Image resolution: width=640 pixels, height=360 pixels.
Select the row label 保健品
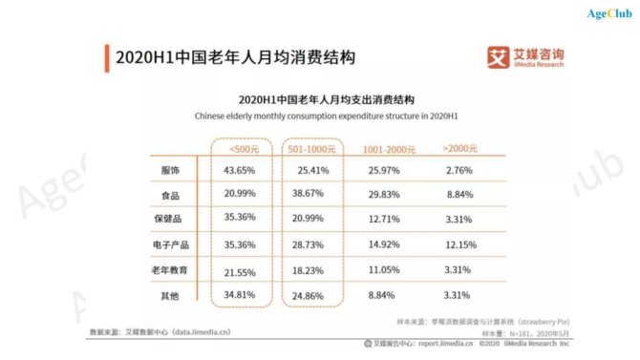pos(170,220)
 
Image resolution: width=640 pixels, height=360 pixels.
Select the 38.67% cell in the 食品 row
pos(312,195)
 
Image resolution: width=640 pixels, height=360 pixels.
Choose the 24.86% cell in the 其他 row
pos(312,296)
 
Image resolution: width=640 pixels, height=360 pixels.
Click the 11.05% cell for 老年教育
pos(388,270)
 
